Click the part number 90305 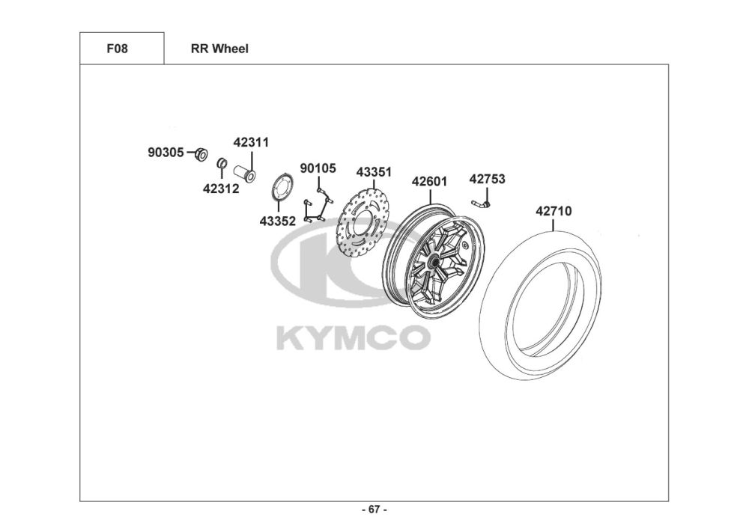(x=166, y=153)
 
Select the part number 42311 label (x=251, y=142)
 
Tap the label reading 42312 (x=221, y=189)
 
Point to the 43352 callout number (x=278, y=221)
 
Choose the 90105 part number (x=318, y=168)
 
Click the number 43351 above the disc (x=374, y=172)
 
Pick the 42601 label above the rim (x=429, y=182)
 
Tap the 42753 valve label (x=487, y=180)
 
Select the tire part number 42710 (x=554, y=211)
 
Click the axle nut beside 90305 (x=201, y=154)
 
